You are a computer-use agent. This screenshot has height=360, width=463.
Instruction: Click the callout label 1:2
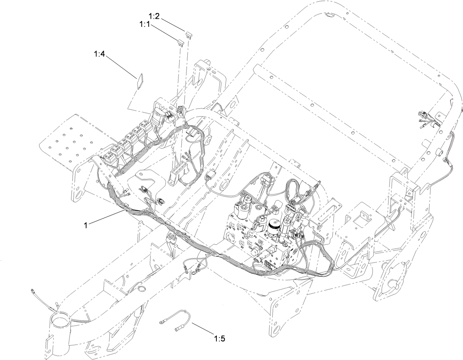154,16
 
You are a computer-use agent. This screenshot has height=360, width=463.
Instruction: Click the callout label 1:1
145,24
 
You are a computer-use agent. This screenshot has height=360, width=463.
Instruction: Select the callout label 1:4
99,54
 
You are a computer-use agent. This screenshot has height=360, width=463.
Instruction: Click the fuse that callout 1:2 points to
190,35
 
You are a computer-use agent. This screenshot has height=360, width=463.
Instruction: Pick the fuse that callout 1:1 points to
180,43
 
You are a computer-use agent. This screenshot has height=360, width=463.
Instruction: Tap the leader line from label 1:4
121,66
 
